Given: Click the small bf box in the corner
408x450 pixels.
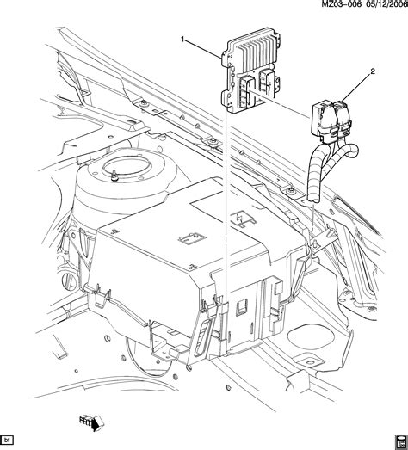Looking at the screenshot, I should pyautogui.click(x=9, y=441).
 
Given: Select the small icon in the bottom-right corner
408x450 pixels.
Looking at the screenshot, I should pyautogui.click(x=399, y=440).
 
